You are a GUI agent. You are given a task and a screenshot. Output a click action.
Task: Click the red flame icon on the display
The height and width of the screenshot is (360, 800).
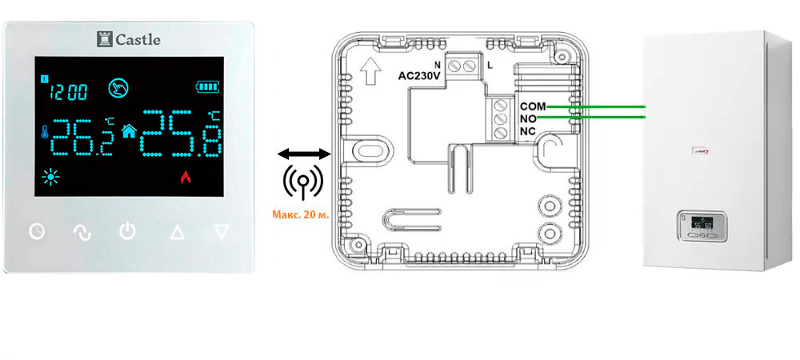[x=186, y=178]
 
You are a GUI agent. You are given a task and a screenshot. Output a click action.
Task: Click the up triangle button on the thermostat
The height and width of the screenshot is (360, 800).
[x=176, y=233]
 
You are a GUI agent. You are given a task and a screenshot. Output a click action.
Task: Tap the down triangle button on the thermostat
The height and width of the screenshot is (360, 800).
[x=222, y=233]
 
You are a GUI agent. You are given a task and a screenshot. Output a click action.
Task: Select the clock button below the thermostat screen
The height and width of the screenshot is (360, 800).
[x=37, y=233]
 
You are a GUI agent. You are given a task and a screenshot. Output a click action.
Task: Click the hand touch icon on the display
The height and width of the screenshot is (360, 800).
[x=119, y=86]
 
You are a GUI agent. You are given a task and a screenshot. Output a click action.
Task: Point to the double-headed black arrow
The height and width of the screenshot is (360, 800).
[x=302, y=153]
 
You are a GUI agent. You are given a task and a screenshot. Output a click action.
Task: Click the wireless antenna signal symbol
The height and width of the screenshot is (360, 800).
[x=302, y=182]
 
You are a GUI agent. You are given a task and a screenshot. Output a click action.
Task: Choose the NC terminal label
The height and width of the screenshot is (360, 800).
[x=528, y=131]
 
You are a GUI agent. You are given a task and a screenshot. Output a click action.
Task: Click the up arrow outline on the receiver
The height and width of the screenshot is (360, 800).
[x=370, y=74]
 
